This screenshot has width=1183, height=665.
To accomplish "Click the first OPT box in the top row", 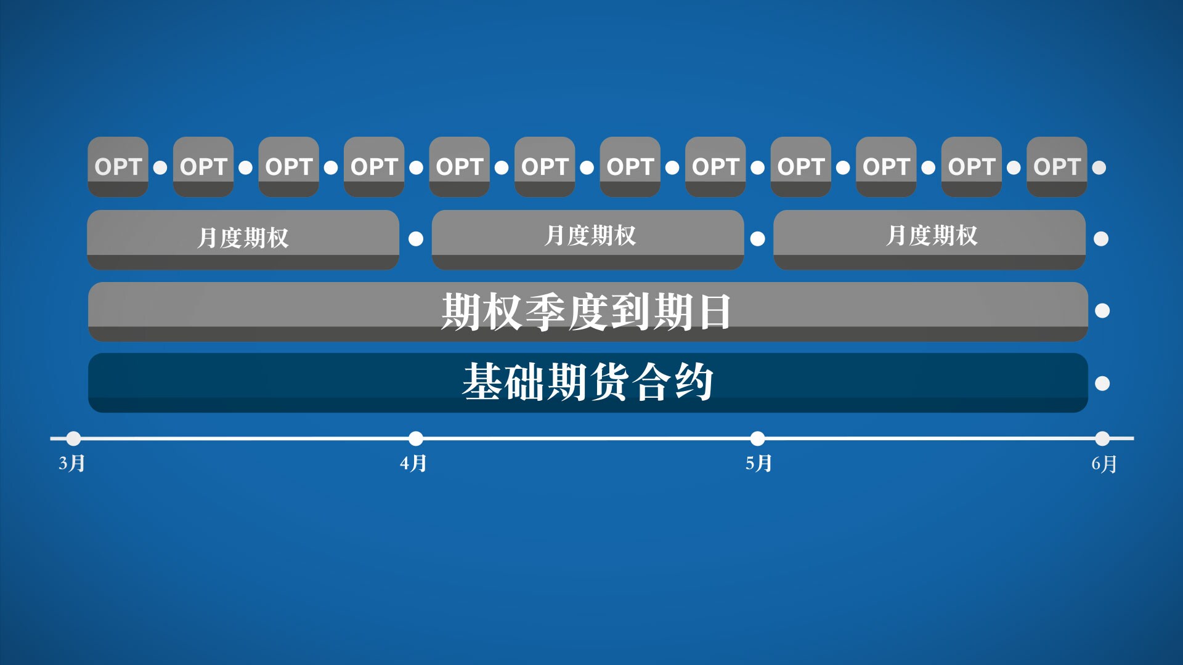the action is pyautogui.click(x=118, y=167).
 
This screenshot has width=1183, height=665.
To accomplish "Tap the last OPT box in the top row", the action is pyautogui.click(x=1057, y=167).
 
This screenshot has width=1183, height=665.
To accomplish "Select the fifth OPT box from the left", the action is pyautogui.click(x=459, y=167).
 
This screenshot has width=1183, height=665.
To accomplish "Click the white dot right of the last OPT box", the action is pyautogui.click(x=1099, y=167).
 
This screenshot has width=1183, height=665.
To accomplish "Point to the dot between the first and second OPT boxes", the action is pyautogui.click(x=160, y=167).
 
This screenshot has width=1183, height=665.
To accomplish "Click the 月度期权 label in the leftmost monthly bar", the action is pyautogui.click(x=243, y=238).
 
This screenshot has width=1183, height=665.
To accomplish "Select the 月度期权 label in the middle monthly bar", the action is pyautogui.click(x=590, y=235).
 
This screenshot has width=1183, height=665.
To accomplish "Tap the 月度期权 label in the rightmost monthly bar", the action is pyautogui.click(x=932, y=235).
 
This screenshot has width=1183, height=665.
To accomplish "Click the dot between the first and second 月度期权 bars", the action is pyautogui.click(x=416, y=239).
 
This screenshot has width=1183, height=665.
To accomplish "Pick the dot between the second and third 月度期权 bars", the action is pyautogui.click(x=758, y=239).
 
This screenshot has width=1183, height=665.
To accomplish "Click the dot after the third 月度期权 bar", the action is pyautogui.click(x=1101, y=239).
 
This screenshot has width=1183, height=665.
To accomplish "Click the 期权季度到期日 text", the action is pyautogui.click(x=586, y=312).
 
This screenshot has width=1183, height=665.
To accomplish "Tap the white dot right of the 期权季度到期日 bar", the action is pyautogui.click(x=1102, y=311).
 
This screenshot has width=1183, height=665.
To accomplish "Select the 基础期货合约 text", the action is pyautogui.click(x=588, y=382).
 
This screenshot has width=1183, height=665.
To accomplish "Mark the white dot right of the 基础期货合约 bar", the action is pyautogui.click(x=1102, y=384).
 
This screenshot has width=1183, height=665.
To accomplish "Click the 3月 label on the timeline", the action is pyautogui.click(x=71, y=463).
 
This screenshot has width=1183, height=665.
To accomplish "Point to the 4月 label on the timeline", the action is pyautogui.click(x=413, y=463).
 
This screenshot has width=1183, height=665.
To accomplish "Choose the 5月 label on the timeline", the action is pyautogui.click(x=758, y=463).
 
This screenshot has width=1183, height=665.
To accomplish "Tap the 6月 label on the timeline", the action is pyautogui.click(x=1104, y=464).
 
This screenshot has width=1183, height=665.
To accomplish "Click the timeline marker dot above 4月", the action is pyautogui.click(x=416, y=438).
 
